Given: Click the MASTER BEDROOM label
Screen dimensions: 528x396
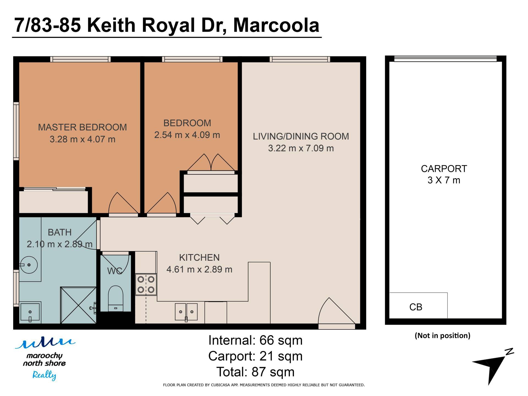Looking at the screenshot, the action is (82, 127).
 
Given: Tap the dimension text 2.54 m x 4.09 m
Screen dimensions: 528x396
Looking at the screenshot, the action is (187, 135).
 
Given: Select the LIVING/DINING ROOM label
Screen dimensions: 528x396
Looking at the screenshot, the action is (301, 136).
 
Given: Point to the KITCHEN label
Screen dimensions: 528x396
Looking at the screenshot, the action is (199, 258).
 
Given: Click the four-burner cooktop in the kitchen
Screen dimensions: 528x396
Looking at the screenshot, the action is (146, 285).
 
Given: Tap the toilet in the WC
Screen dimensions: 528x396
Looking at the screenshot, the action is (116, 298).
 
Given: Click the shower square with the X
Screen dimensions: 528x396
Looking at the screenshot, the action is (78, 305).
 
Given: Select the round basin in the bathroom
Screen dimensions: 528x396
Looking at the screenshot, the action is (29, 265).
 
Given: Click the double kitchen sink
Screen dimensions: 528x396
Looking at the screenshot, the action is (186, 312).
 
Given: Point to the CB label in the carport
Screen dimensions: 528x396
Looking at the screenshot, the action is (416, 307).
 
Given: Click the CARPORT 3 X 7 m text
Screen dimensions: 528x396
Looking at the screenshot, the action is (444, 174).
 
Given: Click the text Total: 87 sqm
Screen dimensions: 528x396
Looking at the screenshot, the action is (255, 372).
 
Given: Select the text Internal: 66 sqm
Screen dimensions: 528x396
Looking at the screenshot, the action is (255, 340).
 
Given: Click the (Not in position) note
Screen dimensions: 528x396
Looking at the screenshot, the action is (442, 335).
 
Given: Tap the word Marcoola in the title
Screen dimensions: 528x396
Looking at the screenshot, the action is (276, 25).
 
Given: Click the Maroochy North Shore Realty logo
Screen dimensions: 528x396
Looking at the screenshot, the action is (44, 359).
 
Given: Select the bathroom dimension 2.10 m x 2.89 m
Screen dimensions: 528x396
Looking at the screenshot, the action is (59, 244).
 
